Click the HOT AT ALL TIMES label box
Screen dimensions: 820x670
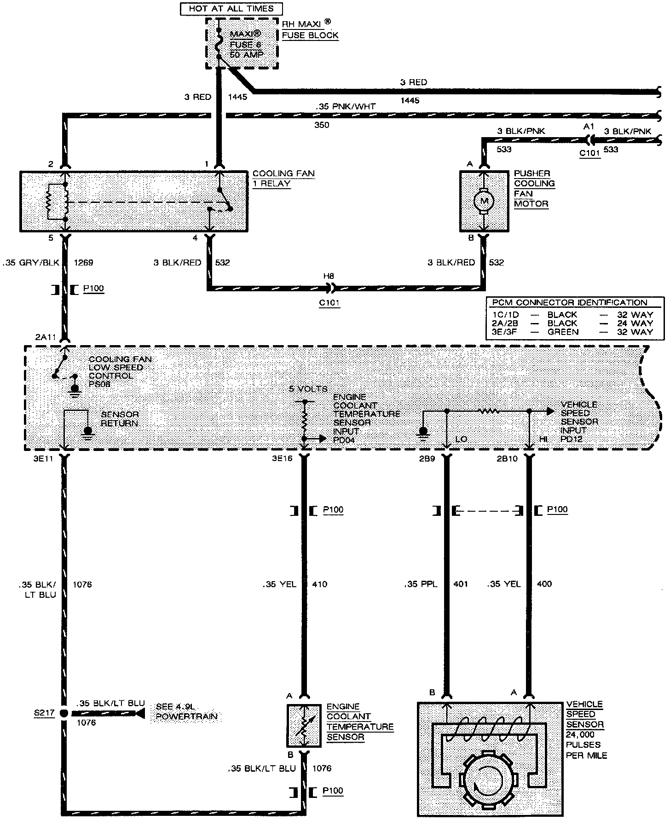coord(231,8)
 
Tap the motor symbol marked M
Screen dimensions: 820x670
coord(483,201)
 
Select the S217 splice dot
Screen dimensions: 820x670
coord(64,713)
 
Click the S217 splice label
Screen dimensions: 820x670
coord(44,713)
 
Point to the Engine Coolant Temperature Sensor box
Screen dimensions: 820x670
coord(303,726)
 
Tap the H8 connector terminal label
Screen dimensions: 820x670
coord(329,276)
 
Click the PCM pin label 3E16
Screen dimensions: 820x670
coord(282,458)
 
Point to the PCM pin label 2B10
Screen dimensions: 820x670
coord(508,458)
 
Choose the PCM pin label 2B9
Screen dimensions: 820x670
coord(427,458)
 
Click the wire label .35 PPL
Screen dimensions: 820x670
coord(421,584)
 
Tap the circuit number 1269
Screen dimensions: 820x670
coord(83,263)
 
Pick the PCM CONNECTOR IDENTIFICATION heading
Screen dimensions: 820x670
coord(569,302)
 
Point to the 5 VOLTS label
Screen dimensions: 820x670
coord(308,389)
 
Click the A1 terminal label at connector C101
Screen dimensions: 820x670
coord(589,126)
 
